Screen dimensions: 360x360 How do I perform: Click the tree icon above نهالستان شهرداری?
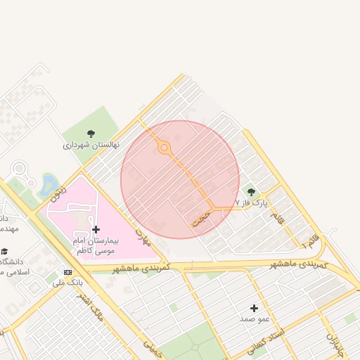click(x=90, y=134)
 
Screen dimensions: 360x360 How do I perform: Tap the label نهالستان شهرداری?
click(x=91, y=145)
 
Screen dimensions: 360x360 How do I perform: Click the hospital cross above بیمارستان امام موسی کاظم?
click(x=96, y=229)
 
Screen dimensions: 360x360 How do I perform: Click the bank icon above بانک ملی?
click(x=67, y=272)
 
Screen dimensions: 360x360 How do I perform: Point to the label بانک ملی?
click(x=67, y=283)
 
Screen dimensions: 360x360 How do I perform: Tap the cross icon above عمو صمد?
click(x=254, y=308)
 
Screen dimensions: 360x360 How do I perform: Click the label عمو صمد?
click(x=255, y=319)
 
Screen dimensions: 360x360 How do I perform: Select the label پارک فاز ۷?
click(x=251, y=203)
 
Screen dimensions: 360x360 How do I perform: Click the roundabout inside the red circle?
click(x=165, y=147)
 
